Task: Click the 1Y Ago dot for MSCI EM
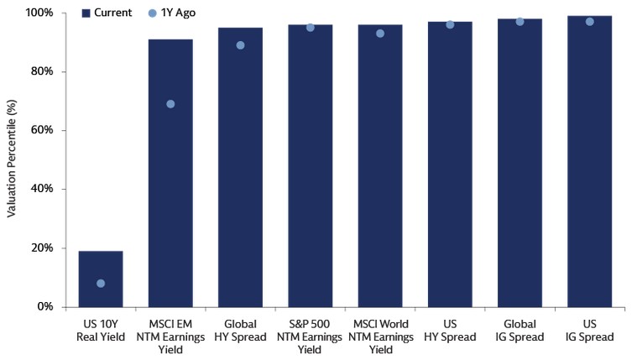pos(170,104)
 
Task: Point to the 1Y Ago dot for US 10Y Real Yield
pos(101,284)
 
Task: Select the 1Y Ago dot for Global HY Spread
pos(240,45)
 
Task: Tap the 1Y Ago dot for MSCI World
pos(380,34)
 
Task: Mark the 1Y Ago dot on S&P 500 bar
pos(311,28)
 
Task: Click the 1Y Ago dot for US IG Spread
pos(589,22)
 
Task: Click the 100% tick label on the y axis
pos(39,13)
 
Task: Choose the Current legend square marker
pos(86,13)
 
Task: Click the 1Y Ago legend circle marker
pos(152,13)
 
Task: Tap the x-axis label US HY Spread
pos(450,331)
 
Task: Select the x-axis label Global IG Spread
pos(520,331)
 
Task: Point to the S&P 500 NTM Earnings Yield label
pos(311,337)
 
